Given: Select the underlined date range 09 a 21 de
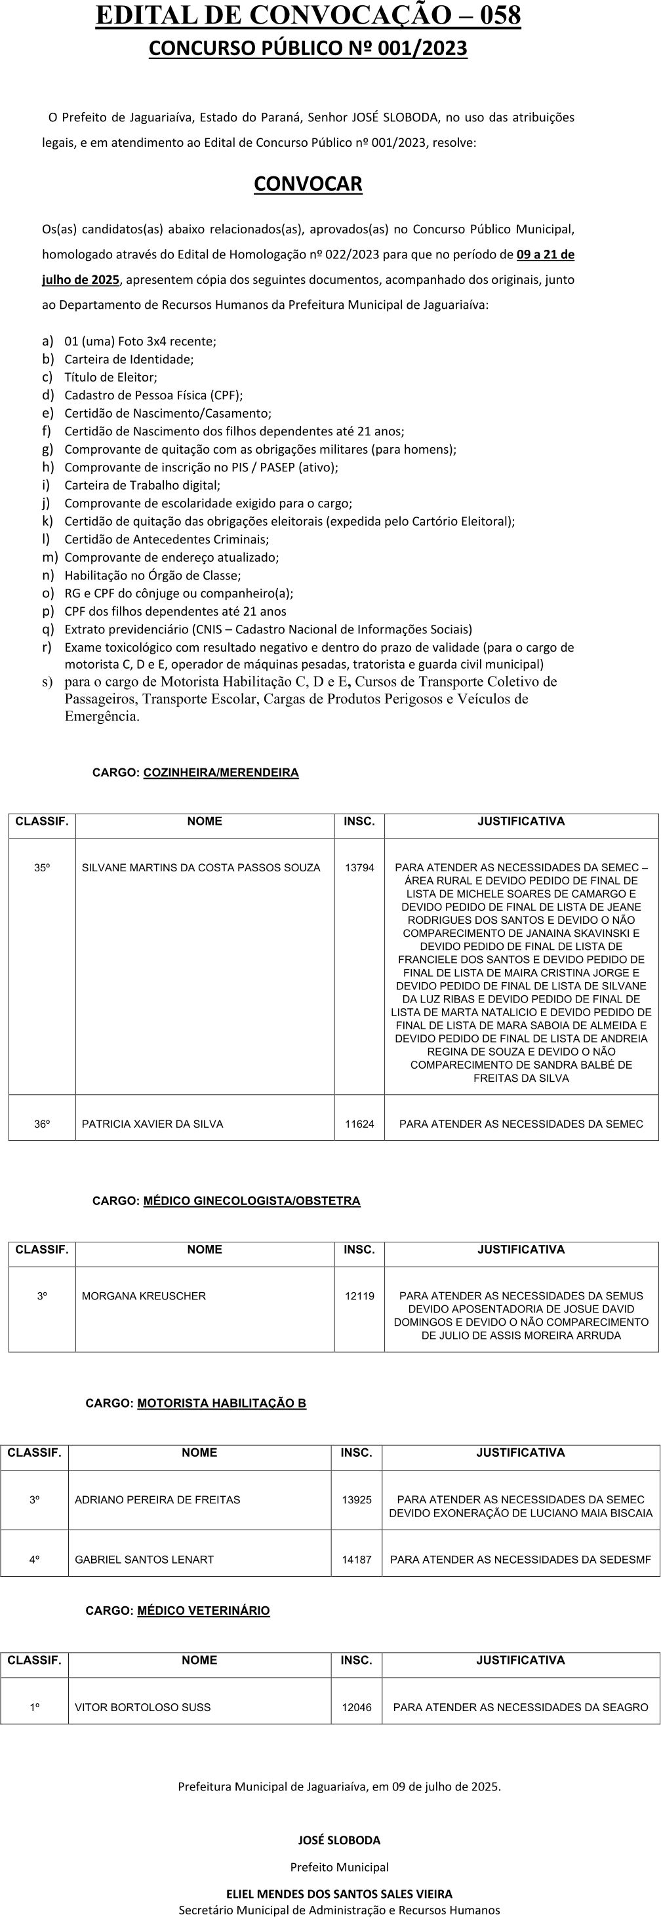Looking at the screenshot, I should pos(545,254).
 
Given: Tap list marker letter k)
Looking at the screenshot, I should pos(48,521).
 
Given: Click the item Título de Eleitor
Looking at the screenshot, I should pos(111,377).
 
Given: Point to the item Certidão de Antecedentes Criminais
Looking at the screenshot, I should pos(167,540).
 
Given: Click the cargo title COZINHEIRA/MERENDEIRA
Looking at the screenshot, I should pos(221,772).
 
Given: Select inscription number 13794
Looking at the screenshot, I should pos(359,868).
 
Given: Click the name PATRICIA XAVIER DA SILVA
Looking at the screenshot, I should pos(153,1124).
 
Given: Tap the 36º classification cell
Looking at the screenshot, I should pos(43,1124).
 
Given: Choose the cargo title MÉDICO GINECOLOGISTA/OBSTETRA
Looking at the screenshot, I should pos(252,1201).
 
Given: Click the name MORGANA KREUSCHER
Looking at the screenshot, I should pos(144,1295).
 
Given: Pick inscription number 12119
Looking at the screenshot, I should pos(359,1295).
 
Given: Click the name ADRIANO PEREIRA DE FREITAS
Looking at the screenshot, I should pos(157,1499).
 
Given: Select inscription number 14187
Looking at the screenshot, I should pos(357,1559).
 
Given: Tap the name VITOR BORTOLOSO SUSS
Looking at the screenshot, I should pos(142,1707).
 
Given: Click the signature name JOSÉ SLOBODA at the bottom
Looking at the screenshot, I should pos(338,1840).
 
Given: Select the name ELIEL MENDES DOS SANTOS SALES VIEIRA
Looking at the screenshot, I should pos(338,1894).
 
